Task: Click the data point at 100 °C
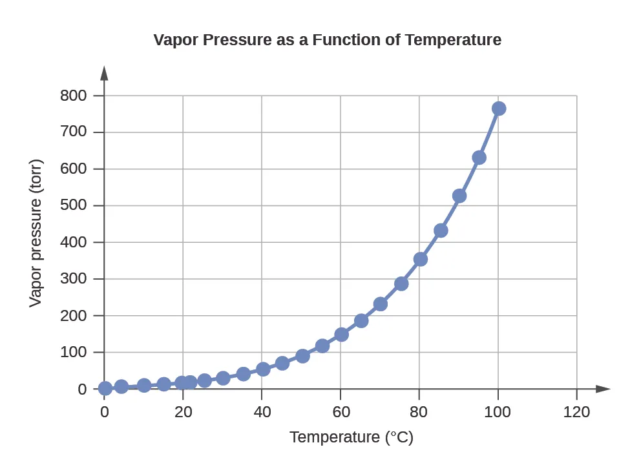[498, 109]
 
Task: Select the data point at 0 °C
[105, 388]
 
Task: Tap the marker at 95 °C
[479, 158]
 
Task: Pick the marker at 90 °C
[459, 196]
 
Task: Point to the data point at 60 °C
[341, 335]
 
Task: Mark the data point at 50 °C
[302, 356]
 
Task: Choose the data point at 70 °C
[381, 304]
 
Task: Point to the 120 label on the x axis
[576, 412]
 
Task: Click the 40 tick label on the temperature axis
[262, 412]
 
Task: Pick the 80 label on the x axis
[419, 412]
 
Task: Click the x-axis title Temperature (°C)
[351, 437]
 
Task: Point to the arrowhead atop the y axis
[105, 72]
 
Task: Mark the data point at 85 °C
[441, 231]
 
